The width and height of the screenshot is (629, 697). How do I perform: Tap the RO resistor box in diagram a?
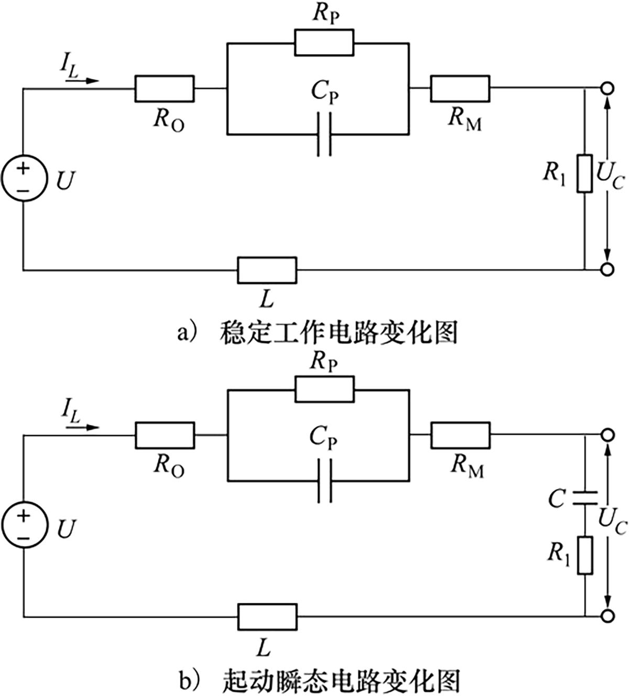click(x=165, y=88)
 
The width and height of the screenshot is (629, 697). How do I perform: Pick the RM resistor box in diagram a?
click(x=460, y=88)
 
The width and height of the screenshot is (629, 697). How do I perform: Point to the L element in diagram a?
click(x=267, y=270)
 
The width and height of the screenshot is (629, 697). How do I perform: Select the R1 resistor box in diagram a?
click(x=584, y=173)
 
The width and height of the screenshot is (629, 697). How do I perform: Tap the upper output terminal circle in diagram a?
click(x=607, y=88)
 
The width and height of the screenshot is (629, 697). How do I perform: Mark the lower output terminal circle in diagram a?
click(x=607, y=270)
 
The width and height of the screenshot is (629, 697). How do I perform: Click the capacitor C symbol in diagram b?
click(x=584, y=498)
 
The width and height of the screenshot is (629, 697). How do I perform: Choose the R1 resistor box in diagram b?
click(x=584, y=555)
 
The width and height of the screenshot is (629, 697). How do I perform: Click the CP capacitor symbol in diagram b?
click(x=324, y=481)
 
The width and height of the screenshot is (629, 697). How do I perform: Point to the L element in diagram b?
click(x=267, y=616)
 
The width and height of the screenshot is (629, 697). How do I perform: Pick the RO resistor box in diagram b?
click(x=165, y=435)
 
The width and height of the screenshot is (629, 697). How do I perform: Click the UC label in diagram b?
click(x=612, y=521)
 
